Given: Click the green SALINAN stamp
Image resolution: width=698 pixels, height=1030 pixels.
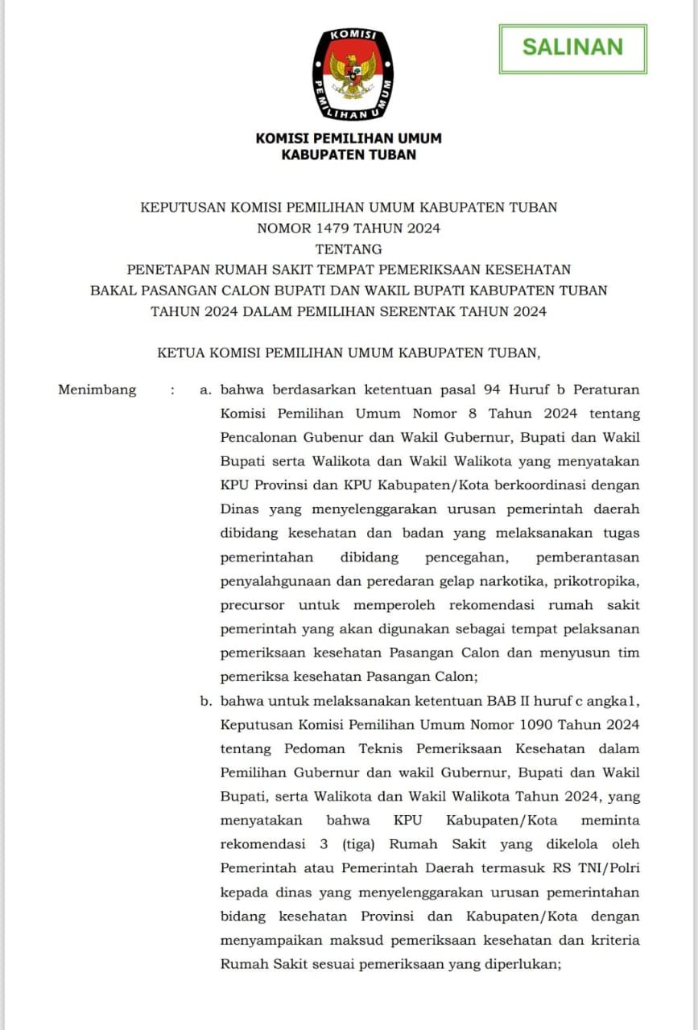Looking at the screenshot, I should point(572,47).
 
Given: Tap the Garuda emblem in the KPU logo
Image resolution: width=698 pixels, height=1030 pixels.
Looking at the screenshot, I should point(353,74).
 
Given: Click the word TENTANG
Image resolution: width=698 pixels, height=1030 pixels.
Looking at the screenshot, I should point(349,249).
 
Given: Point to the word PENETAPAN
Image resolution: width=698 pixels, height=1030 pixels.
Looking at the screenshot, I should point(167,270).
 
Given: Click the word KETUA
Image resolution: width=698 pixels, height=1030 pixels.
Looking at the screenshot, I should point(182,352).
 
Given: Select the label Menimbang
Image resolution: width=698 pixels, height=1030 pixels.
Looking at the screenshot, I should point(97,390).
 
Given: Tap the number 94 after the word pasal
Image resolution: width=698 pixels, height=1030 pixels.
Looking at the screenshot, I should point(492,390).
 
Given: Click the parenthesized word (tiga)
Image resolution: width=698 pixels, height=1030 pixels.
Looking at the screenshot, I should point(353,844).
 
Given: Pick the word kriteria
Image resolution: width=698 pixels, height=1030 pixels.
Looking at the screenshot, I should point(609,940).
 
